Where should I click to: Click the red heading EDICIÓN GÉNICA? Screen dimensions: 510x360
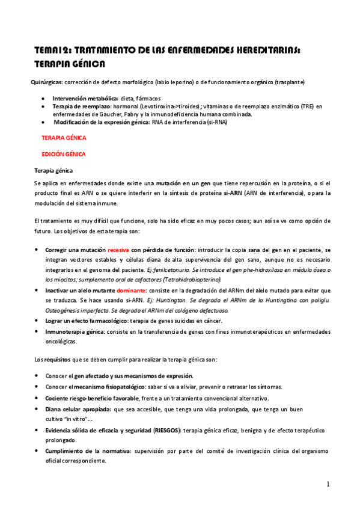[x=63, y=154]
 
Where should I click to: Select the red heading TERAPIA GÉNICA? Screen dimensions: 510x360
[x=64, y=138]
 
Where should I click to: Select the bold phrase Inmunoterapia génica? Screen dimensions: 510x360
[x=75, y=331]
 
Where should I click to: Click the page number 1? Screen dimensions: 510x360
[x=328, y=484]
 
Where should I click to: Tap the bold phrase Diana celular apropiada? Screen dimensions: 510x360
[x=78, y=408]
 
